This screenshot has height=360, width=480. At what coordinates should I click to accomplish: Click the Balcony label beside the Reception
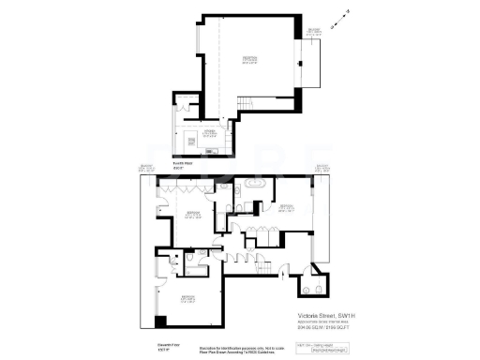[x=314, y=33]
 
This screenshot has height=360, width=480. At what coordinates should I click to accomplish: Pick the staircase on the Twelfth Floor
[x=245, y=104]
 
